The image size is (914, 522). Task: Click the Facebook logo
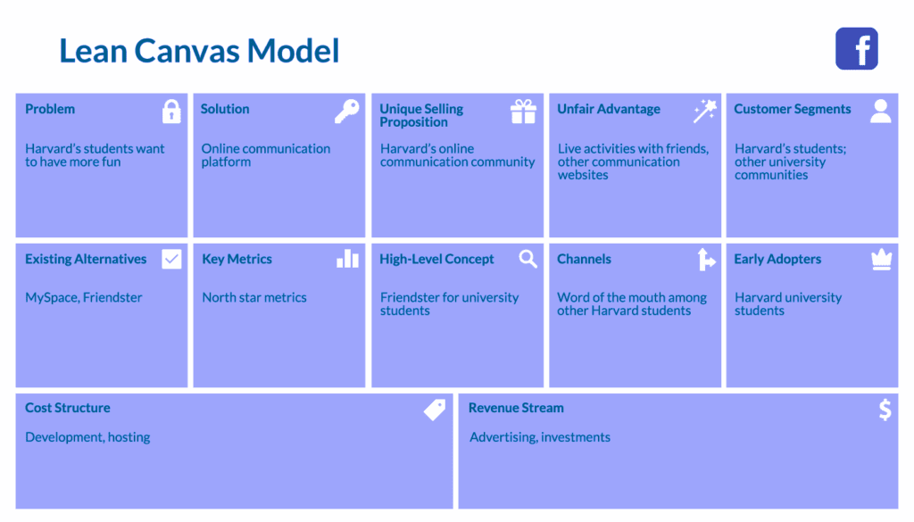coord(856,48)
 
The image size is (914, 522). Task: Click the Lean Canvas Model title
coord(199,50)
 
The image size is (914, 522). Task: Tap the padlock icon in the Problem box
coord(170,112)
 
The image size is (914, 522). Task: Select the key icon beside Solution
coord(346,112)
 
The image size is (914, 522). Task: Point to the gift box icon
coord(523,112)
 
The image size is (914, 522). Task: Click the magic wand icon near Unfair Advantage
coord(705,112)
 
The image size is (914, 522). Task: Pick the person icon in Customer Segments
coord(881,111)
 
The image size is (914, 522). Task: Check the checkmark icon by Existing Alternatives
coord(171,259)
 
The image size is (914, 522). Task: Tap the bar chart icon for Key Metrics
coord(347,259)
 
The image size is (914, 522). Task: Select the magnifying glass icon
coord(528,259)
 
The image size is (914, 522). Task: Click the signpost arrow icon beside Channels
coord(706,259)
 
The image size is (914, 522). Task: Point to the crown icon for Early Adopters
coord(881,259)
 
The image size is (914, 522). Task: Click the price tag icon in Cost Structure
coord(435,410)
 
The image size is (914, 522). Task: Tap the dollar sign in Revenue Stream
coord(885,410)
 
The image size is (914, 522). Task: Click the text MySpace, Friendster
coord(84,297)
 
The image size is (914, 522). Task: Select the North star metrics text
coord(254,297)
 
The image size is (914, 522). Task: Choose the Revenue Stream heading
coord(516,408)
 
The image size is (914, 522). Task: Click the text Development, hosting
coord(87,437)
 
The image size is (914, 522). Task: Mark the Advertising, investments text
coord(540,437)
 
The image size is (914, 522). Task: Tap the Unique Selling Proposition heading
coord(421,115)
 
